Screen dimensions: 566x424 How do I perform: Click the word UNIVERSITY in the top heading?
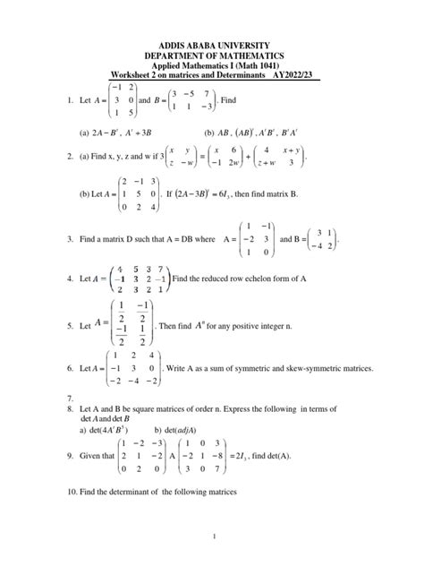(x=243, y=44)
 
